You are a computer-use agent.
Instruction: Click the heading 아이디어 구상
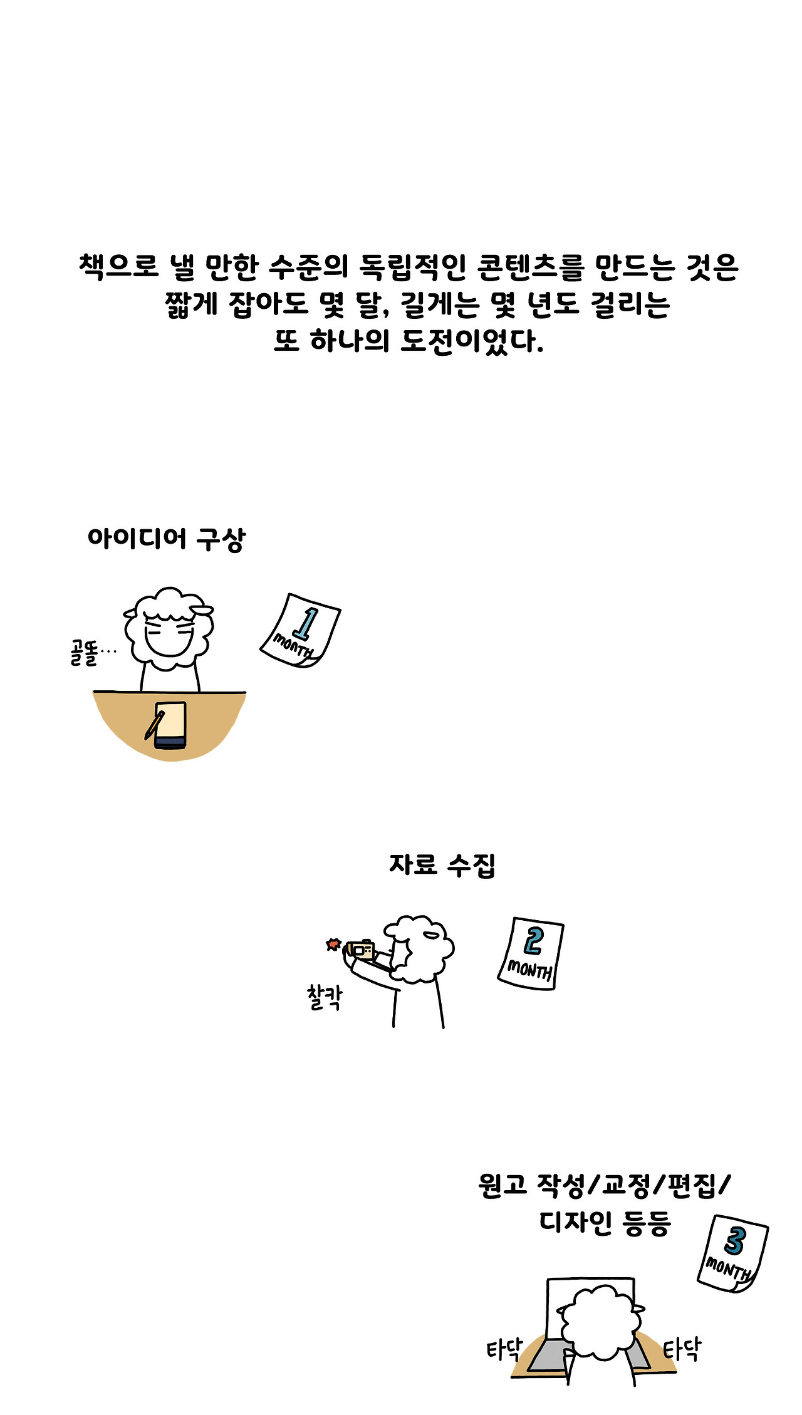pyautogui.click(x=167, y=539)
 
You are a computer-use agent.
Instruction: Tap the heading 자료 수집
pyautogui.click(x=442, y=865)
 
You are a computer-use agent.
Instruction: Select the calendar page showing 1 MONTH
pyautogui.click(x=300, y=630)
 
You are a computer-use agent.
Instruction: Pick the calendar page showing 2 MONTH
pyautogui.click(x=531, y=953)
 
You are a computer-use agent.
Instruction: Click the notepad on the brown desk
pyautogui.click(x=170, y=725)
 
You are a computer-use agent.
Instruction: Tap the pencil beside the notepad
pyautogui.click(x=154, y=725)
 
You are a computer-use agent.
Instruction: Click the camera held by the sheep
pyautogui.click(x=361, y=950)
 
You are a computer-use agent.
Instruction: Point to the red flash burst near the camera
pyautogui.click(x=333, y=944)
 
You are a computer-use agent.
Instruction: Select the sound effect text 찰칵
pyautogui.click(x=325, y=997)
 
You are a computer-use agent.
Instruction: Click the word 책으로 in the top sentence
pyautogui.click(x=119, y=267)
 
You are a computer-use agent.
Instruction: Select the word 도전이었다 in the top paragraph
pyautogui.click(x=471, y=341)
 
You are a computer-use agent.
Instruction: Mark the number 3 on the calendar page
pyautogui.click(x=735, y=1241)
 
